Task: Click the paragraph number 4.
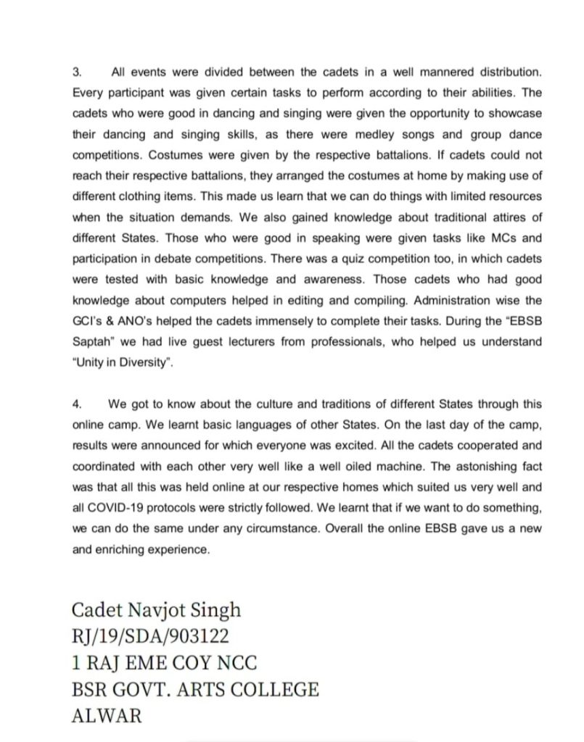[77, 404]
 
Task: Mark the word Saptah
[93, 341]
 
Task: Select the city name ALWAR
[107, 716]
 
